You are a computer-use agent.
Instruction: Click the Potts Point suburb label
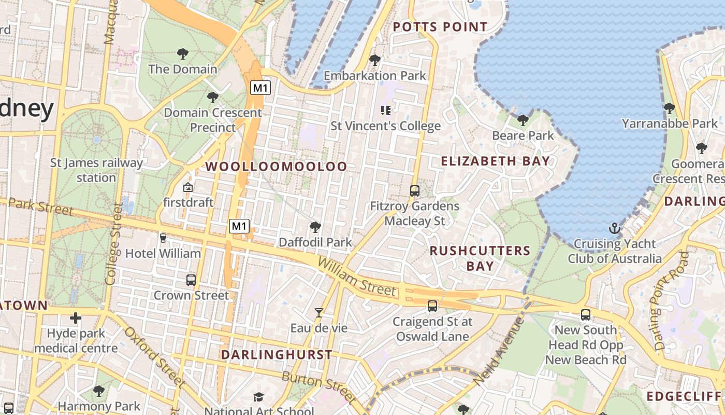(x=440, y=27)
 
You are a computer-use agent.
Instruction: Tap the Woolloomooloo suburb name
(x=277, y=167)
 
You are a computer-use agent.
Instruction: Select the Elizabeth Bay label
(x=495, y=161)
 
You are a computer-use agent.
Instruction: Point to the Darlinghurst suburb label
(x=277, y=355)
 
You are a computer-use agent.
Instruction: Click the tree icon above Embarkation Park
(x=374, y=60)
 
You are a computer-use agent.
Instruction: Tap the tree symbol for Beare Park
(x=523, y=120)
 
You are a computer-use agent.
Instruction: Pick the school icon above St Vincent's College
(x=385, y=110)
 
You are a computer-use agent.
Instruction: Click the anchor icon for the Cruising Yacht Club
(x=614, y=228)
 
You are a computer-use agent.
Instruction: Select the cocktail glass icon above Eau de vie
(x=319, y=312)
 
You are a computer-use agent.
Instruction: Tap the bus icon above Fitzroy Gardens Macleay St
(x=414, y=190)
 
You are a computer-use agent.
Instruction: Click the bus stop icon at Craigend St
(x=432, y=306)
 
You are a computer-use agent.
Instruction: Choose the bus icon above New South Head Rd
(x=585, y=314)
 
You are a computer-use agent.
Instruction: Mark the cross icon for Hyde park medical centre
(x=76, y=317)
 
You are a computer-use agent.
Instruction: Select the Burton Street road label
(x=318, y=387)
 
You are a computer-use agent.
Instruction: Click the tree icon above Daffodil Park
(x=314, y=227)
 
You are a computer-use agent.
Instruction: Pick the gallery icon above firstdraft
(x=188, y=187)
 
